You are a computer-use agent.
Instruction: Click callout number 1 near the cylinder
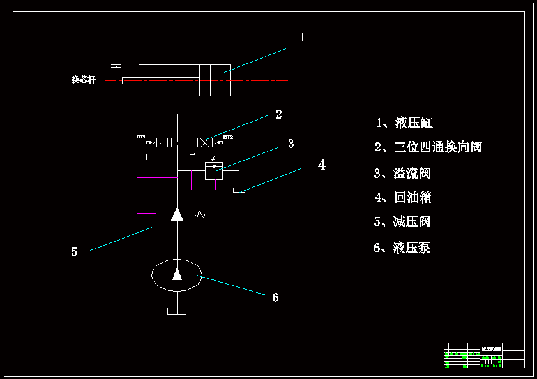click(x=303, y=38)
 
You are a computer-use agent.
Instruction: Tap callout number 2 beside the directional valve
click(x=278, y=115)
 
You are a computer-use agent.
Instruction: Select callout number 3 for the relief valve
click(x=291, y=144)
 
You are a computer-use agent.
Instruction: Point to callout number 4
click(x=322, y=165)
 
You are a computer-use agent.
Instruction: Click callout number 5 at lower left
click(x=74, y=252)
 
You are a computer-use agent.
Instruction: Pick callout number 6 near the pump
click(x=275, y=297)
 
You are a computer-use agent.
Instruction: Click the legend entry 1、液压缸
click(x=404, y=123)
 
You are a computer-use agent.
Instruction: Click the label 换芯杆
click(x=84, y=80)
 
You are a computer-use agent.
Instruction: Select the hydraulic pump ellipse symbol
click(x=177, y=275)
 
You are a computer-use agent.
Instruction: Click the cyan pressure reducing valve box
click(x=175, y=212)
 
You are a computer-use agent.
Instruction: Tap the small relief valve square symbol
click(x=214, y=170)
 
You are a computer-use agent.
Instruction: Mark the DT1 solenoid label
click(x=140, y=137)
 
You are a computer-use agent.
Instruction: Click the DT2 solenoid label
click(x=228, y=137)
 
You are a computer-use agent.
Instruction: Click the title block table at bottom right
click(x=483, y=355)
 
